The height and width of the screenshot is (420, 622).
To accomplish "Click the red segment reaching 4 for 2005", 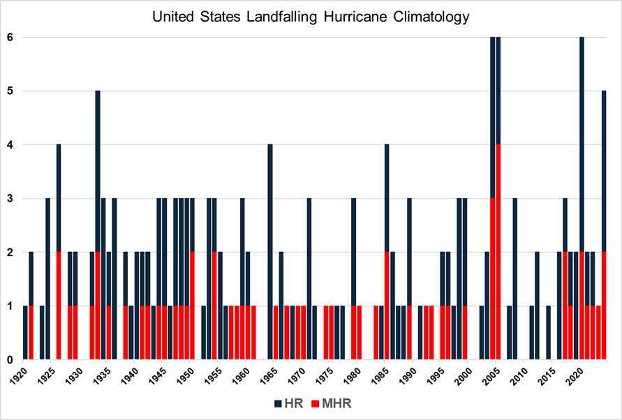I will (x=498, y=251).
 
